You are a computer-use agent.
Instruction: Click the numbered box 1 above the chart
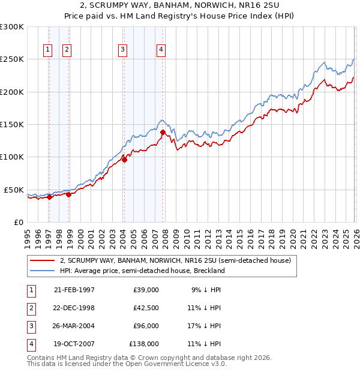[47, 50]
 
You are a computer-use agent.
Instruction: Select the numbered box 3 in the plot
[122, 50]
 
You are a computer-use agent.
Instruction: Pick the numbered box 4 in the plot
[161, 50]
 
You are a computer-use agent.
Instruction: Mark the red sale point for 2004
[125, 160]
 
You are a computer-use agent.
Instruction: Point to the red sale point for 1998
[69, 194]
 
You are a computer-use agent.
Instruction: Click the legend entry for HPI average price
[142, 271]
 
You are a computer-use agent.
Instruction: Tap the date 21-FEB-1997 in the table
[74, 290]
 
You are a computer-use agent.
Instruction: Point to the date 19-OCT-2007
[74, 344]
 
